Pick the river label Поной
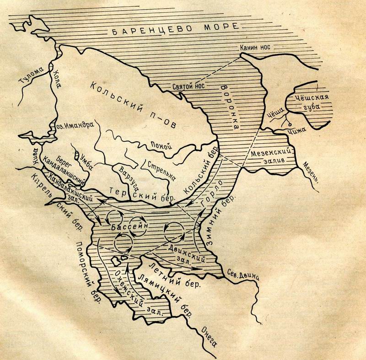pyautogui.click(x=160, y=146)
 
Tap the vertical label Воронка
pyautogui.click(x=228, y=107)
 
